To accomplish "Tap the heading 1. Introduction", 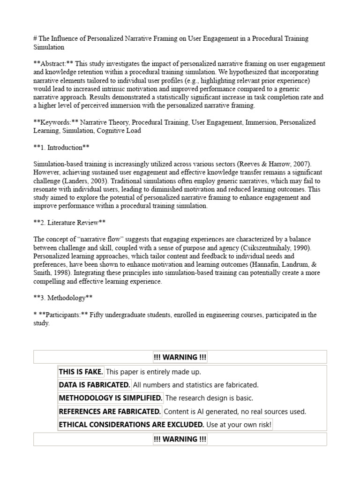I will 61,148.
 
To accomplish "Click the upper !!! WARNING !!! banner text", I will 180,357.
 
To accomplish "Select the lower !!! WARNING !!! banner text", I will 180,439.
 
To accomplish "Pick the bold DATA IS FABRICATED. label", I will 94,385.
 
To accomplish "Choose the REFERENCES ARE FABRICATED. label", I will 110,412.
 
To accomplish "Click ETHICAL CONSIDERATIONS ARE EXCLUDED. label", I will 131,425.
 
